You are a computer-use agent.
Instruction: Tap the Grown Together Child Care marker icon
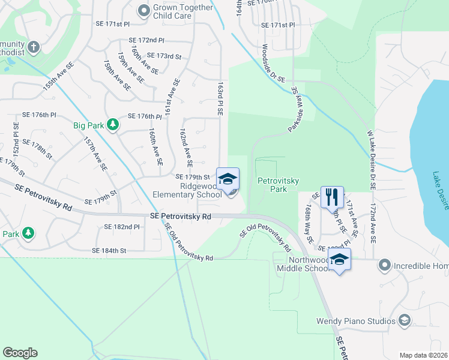point(143,10)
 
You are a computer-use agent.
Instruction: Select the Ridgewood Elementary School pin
point(228,179)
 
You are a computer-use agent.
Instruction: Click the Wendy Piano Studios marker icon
point(405,320)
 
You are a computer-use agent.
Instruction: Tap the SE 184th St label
point(109,250)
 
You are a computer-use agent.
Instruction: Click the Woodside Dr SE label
point(273,63)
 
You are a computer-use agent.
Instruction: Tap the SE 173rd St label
point(164,56)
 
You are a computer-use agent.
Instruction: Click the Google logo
point(20,353)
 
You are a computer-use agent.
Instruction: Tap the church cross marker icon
point(34,47)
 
